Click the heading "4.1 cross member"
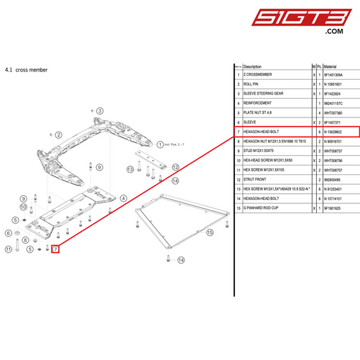tap(26, 70)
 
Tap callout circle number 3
tap(99, 111)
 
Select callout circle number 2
tap(59, 135)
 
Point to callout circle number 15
tap(210, 232)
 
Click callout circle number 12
tap(175, 167)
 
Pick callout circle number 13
tap(130, 169)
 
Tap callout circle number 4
tap(124, 199)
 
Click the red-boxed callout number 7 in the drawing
tap(56, 249)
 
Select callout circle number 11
tap(8, 249)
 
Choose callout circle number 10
tap(22, 207)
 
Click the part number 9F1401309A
tap(334, 75)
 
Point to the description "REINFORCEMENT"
tap(257, 103)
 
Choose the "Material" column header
tap(331, 67)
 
